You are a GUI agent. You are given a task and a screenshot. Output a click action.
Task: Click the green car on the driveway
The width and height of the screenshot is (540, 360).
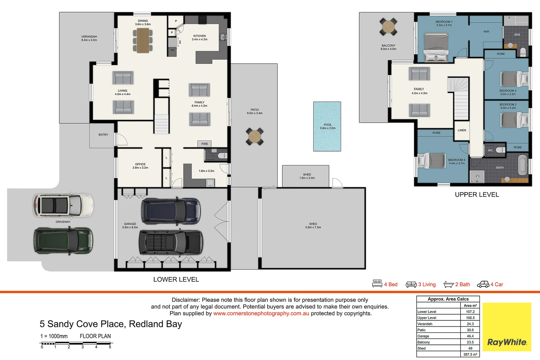pos(63,241)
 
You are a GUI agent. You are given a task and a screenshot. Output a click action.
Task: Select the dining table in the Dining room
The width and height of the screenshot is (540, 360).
pos(143,40)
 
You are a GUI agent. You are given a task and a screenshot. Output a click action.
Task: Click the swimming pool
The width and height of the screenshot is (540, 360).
pos(327,126)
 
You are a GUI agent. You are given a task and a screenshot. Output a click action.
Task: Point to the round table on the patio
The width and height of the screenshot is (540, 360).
pos(254,136)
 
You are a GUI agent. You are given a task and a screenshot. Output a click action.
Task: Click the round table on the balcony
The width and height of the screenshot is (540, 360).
pos(388,27)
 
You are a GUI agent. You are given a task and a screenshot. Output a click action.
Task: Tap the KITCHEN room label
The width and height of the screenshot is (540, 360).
pos(199,36)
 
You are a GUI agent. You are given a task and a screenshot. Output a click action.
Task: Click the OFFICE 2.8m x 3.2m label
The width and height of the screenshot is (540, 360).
pos(140,166)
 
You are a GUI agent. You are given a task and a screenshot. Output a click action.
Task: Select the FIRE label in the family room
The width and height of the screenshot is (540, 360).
pos(204,144)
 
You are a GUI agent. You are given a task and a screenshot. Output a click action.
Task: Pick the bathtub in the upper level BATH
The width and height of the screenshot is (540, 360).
pos(523,165)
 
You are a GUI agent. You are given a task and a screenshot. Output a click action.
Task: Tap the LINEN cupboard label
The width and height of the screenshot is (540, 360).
pos(462,130)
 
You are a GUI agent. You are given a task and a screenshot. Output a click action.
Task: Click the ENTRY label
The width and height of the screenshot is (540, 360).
pos(103,135)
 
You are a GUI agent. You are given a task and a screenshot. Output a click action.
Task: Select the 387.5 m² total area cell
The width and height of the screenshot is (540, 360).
pos(470,354)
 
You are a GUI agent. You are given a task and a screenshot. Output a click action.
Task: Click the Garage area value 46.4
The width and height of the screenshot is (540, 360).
pos(470,336)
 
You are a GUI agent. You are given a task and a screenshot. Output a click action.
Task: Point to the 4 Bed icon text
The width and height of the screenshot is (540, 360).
pos(391,284)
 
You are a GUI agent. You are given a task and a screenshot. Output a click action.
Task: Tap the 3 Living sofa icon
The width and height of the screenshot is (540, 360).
pos(411,284)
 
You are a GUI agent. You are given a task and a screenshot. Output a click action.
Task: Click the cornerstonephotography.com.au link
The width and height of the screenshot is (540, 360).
pos(261,313)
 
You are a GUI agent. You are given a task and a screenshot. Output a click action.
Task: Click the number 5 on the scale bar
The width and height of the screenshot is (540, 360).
pos(110,347)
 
